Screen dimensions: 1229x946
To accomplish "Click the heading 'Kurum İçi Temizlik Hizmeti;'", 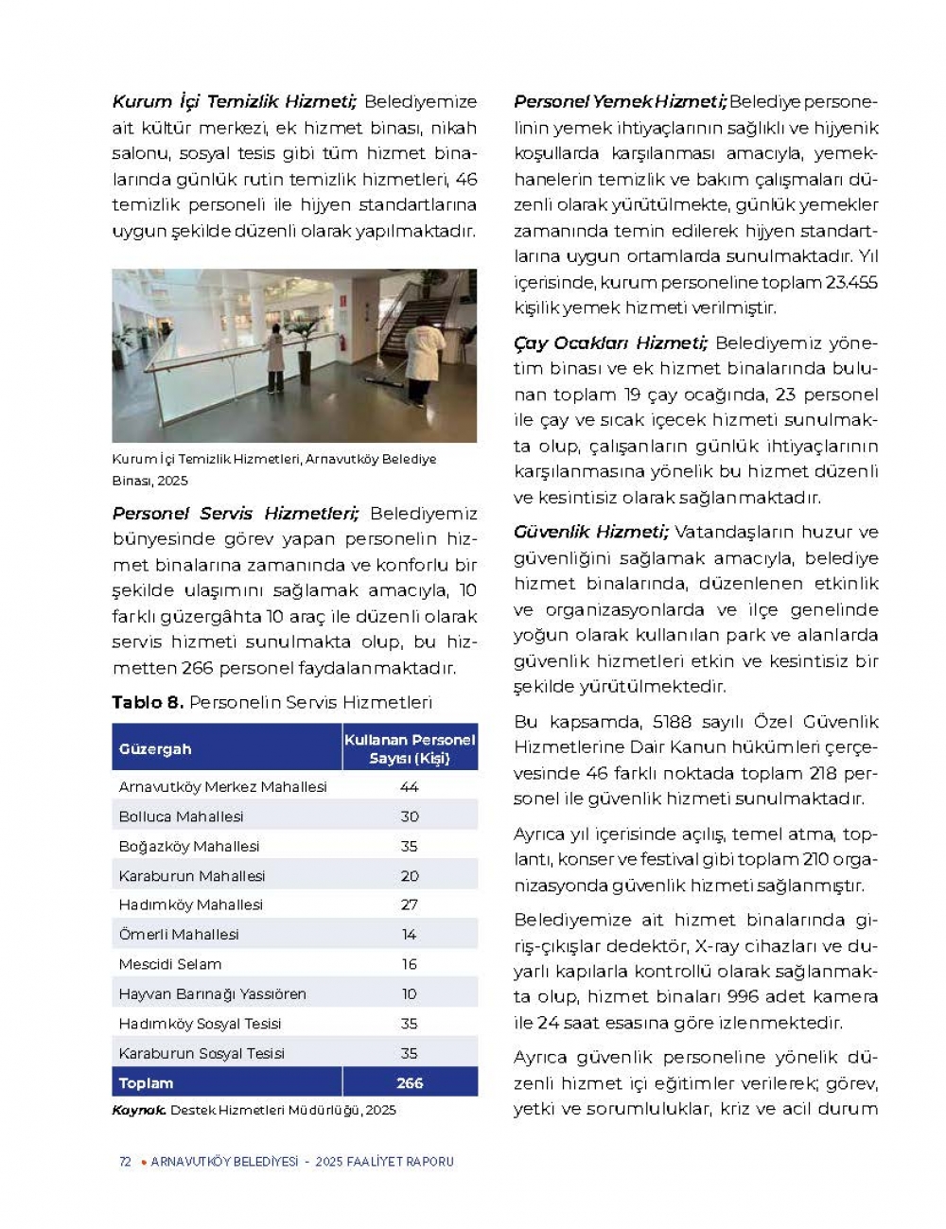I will tap(234, 101).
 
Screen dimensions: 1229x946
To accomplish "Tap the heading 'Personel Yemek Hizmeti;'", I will tap(620, 101).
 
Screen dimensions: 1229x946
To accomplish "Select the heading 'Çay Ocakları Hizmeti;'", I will tap(610, 342).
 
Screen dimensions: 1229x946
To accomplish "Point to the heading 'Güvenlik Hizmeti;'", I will tap(590, 532).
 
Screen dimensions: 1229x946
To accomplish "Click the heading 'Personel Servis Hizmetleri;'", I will tap(236, 513).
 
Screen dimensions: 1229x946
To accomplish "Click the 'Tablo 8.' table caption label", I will tap(148, 702).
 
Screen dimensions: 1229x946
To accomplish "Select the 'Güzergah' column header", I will tap(155, 748).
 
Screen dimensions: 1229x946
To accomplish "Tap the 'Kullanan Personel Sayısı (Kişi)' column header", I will tap(410, 748).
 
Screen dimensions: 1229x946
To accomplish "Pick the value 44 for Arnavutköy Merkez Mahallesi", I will tap(410, 787).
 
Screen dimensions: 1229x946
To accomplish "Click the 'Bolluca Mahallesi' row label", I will tap(181, 816).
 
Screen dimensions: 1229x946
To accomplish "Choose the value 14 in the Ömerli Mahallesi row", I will tap(410, 935).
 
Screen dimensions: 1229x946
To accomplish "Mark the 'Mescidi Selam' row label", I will tap(170, 964).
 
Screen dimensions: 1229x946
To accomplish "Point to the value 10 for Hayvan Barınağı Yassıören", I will tap(410, 993).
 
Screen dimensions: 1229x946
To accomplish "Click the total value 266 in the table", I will tap(410, 1082).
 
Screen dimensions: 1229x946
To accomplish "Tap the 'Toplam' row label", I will tap(146, 1082).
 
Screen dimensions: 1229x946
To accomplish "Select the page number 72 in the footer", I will tap(125, 1162).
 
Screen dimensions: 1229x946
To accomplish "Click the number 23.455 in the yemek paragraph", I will tap(851, 282).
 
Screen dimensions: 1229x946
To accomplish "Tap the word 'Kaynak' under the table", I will tap(139, 1110).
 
